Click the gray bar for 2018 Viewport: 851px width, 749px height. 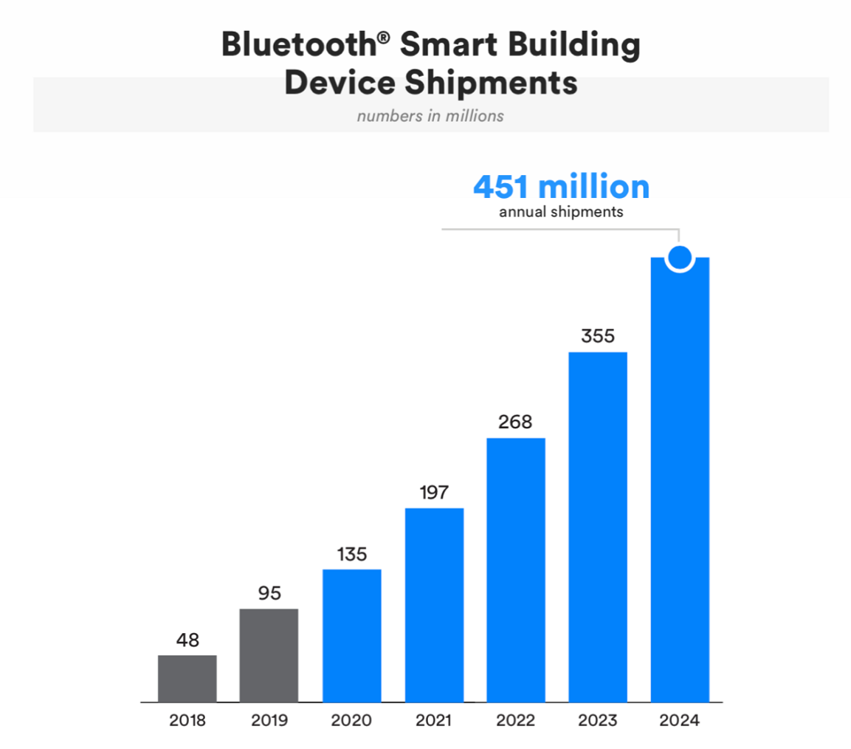(187, 678)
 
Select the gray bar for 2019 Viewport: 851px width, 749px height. (269, 655)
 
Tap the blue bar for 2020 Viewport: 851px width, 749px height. (352, 635)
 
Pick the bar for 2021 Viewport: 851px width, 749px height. (434, 604)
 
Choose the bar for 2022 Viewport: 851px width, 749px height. (516, 570)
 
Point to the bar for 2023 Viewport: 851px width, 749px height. (598, 527)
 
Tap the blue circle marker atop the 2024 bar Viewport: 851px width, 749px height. (680, 257)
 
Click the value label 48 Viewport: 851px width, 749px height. (187, 640)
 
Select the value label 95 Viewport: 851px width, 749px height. (269, 594)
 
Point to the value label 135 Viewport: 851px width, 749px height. (352, 554)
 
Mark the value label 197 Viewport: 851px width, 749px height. (434, 493)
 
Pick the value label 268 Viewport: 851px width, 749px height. (516, 423)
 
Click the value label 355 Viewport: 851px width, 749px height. (598, 337)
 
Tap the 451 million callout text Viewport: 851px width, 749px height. (561, 187)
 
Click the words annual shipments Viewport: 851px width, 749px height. (561, 213)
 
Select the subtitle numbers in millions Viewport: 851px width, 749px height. (430, 116)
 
